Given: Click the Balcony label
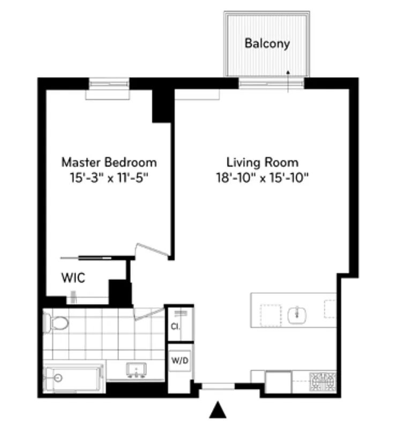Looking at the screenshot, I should point(267,43).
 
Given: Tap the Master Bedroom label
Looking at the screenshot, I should point(109,162).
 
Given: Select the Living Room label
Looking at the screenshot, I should point(262,162).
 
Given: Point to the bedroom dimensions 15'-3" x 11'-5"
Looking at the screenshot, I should point(109,178).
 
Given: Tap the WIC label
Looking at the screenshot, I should point(73,278).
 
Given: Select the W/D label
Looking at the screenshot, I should point(179,361).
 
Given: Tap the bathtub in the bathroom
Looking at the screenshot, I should point(73,379).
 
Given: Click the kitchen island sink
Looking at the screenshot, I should point(296,314).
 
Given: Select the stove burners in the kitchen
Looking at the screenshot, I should point(323,382).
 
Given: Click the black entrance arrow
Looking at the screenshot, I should point(217,410).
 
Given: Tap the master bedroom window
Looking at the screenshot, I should point(109,84).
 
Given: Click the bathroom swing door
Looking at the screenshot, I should point(148,313).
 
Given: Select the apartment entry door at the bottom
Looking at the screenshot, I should point(218,385).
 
